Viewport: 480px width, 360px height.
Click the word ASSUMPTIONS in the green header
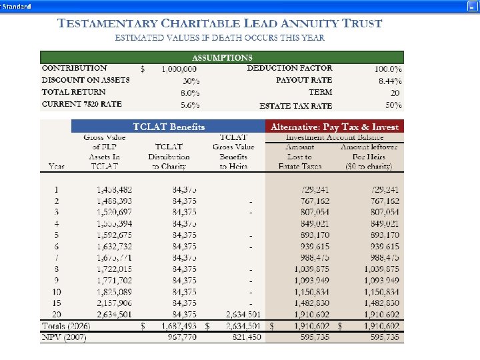pyautogui.click(x=222, y=58)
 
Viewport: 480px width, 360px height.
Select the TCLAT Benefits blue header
pyautogui.click(x=169, y=127)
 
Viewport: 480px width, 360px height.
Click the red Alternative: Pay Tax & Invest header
pyautogui.click(x=334, y=127)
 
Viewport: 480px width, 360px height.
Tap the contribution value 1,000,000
pyautogui.click(x=179, y=69)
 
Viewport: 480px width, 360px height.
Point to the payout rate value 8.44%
pyautogui.click(x=390, y=81)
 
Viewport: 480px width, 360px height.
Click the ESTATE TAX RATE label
pyautogui.click(x=295, y=105)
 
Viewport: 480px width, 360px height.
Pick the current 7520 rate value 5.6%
pyautogui.click(x=190, y=105)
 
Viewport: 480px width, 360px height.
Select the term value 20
pyautogui.click(x=395, y=93)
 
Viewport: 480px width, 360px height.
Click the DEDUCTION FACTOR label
pyautogui.click(x=289, y=68)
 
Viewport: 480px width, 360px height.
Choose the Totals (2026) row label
pyautogui.click(x=66, y=326)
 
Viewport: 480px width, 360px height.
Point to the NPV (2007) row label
pyautogui.click(x=63, y=337)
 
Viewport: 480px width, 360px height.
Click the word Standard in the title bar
pyautogui.click(x=17, y=5)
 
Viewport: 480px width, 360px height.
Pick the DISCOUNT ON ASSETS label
pyautogui.click(x=86, y=80)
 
